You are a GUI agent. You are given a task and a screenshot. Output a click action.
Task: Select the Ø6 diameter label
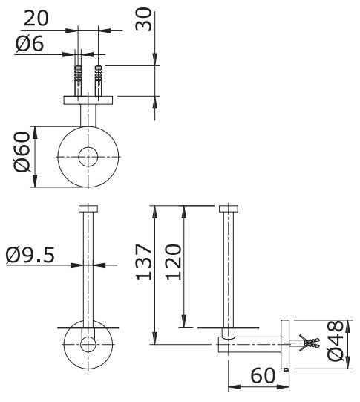pyautogui.click(x=30, y=44)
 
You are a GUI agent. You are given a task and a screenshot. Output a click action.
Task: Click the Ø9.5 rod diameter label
pyautogui.click(x=30, y=255)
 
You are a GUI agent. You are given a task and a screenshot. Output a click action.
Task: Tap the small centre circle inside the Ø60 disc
pyautogui.click(x=89, y=158)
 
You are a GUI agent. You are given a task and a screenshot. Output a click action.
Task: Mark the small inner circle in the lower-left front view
pyautogui.click(x=88, y=344)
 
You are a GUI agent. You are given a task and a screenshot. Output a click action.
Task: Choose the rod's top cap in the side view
pyautogui.click(x=229, y=209)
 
